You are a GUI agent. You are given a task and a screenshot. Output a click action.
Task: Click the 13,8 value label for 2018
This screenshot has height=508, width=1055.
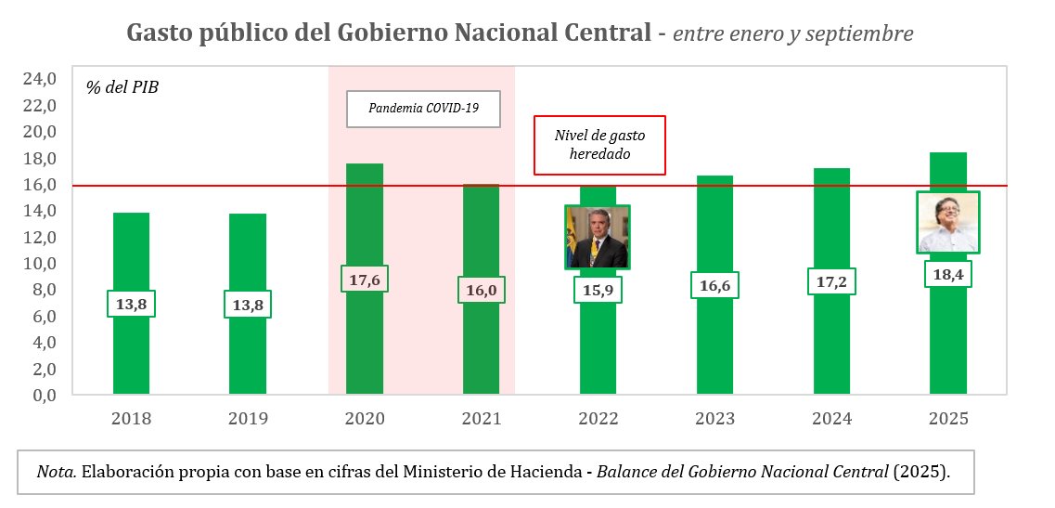click(x=132, y=304)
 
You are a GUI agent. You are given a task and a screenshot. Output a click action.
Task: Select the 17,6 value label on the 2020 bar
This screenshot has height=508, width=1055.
click(x=366, y=279)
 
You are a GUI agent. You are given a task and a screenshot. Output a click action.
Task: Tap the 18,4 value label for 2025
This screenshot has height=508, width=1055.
click(x=948, y=274)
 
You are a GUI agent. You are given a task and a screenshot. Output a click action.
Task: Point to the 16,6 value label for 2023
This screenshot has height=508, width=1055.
click(x=714, y=284)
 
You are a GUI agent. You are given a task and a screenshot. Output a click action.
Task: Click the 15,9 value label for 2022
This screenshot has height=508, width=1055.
click(x=598, y=289)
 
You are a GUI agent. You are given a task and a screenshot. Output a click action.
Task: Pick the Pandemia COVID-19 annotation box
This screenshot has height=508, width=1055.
click(x=423, y=109)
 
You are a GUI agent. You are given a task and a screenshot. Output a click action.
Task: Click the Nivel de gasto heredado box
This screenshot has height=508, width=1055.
click(x=599, y=145)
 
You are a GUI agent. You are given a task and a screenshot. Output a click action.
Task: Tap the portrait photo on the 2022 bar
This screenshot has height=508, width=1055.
click(x=598, y=237)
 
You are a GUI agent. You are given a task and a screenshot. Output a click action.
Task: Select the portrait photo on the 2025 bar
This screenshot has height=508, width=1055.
click(x=948, y=222)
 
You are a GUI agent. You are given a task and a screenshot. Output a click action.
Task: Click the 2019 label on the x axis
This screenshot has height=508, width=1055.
click(x=248, y=419)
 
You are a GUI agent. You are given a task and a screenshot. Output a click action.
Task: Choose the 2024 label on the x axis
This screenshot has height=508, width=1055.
click(x=831, y=419)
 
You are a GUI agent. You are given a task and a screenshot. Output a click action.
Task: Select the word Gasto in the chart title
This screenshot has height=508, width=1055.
click(x=159, y=33)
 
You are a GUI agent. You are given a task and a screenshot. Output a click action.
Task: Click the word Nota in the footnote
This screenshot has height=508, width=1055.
click(x=56, y=472)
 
